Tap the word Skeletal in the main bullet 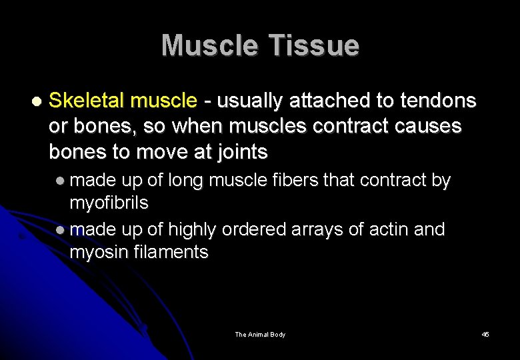(87, 101)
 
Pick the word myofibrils (109, 201)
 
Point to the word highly (192, 229)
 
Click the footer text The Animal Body (260, 334)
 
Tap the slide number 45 (485, 334)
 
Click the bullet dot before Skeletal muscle (36, 102)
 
